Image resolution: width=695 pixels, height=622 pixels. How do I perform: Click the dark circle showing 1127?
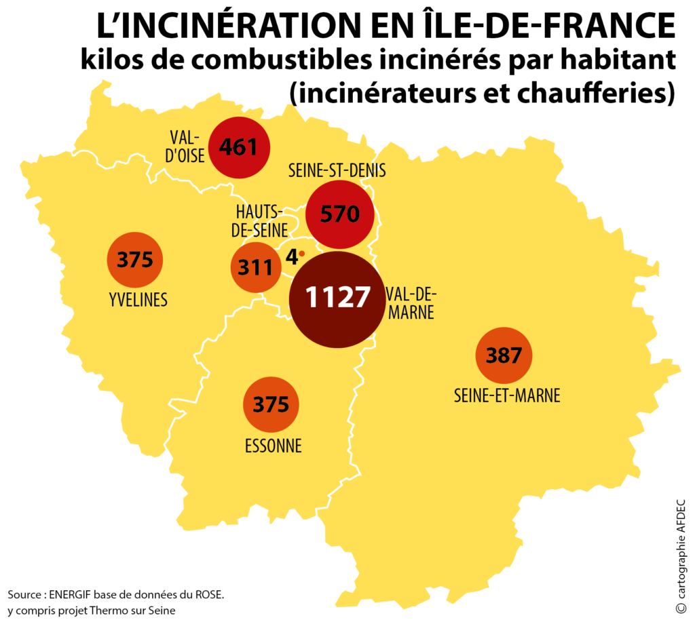tap(337, 300)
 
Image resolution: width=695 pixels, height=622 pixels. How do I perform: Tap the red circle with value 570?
tap(339, 214)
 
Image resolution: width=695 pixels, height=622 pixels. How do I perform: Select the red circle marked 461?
tap(240, 147)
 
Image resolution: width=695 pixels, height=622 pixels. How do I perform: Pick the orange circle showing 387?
tap(504, 355)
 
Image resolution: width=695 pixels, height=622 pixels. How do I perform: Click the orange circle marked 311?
tap(256, 267)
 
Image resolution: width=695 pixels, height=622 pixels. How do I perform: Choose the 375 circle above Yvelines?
tap(135, 260)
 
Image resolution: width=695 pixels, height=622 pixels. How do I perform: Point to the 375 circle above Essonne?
tap(271, 404)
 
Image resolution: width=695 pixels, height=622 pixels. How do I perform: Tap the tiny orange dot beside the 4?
tap(302, 254)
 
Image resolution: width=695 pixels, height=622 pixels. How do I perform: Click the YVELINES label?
tap(138, 300)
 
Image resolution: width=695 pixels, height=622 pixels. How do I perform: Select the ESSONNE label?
tap(274, 446)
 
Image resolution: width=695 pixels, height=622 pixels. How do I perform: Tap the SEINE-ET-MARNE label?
tap(507, 395)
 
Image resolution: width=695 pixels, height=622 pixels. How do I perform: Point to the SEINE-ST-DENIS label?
tap(337, 170)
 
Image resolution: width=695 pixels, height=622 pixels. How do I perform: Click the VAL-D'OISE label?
tap(185, 147)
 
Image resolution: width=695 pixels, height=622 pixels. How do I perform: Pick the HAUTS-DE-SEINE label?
tap(260, 221)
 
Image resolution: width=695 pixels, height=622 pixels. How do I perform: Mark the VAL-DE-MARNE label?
tap(411, 303)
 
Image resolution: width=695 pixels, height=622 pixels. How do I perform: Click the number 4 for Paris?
tap(292, 256)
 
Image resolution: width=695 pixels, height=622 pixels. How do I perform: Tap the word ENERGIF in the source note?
tap(70, 595)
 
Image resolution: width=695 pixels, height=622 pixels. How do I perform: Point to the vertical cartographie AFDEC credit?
tap(681, 556)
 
